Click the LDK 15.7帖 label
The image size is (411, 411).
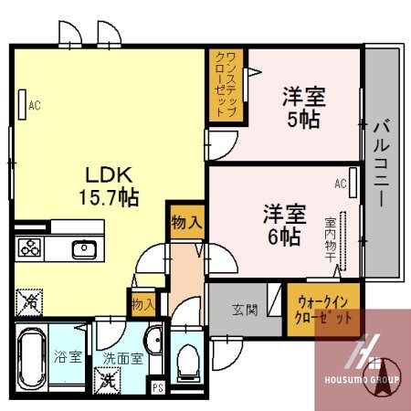click(x=111, y=185)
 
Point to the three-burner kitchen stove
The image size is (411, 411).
click(x=29, y=248)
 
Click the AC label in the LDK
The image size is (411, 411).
click(x=35, y=105)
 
